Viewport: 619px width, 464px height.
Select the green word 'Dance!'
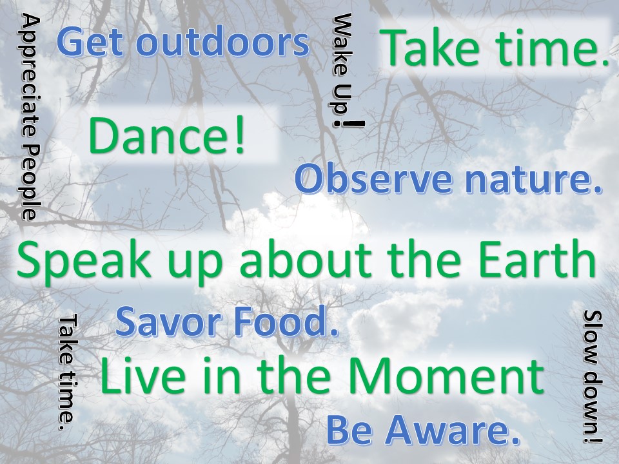(166, 135)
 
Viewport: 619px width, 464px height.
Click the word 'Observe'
(373, 180)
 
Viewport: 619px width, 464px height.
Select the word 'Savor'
(168, 321)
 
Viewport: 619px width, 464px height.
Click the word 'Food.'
(286, 321)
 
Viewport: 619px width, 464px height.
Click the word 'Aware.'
(452, 430)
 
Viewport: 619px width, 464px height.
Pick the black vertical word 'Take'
(66, 340)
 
